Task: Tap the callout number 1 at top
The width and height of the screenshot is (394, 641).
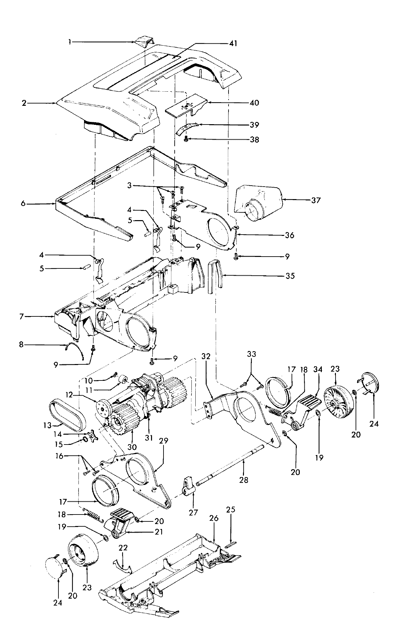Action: click(70, 42)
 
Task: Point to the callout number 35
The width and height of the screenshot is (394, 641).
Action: click(290, 276)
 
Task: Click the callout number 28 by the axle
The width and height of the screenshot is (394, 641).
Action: click(244, 480)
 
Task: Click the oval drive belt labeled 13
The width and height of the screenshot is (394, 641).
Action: click(67, 414)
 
